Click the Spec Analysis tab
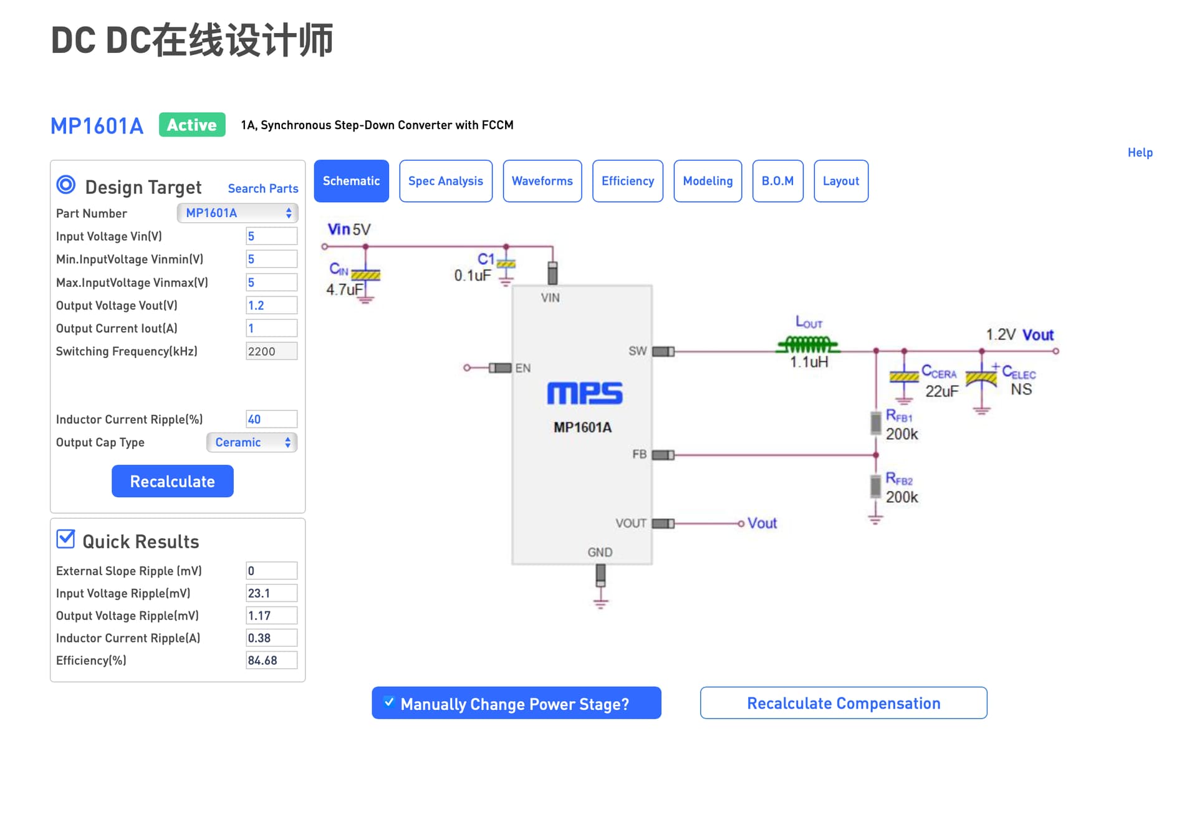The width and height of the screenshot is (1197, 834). pyautogui.click(x=446, y=181)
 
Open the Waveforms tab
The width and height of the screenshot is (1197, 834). pyautogui.click(x=542, y=181)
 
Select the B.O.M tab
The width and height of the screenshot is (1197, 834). pyautogui.click(x=777, y=181)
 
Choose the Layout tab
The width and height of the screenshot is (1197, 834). pyautogui.click(x=841, y=181)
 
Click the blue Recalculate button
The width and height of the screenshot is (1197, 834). pyautogui.click(x=173, y=481)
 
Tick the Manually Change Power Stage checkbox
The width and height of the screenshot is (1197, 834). pyautogui.click(x=389, y=702)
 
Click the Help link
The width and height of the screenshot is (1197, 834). pyautogui.click(x=1140, y=152)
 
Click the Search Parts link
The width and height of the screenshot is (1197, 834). pyautogui.click(x=263, y=188)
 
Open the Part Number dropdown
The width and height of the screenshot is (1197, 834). pyautogui.click(x=238, y=213)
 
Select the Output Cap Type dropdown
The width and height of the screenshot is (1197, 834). pyautogui.click(x=252, y=442)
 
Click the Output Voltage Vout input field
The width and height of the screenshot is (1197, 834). pyautogui.click(x=271, y=305)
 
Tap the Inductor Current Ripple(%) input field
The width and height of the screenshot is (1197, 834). pyautogui.click(x=271, y=419)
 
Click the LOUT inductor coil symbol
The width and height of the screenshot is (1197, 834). pyautogui.click(x=808, y=344)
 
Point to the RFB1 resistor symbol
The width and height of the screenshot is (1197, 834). pyautogui.click(x=876, y=424)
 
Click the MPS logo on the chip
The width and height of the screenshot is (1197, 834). pyautogui.click(x=585, y=394)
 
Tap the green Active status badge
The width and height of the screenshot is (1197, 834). pyautogui.click(x=192, y=125)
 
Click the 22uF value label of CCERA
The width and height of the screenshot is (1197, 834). pyautogui.click(x=941, y=391)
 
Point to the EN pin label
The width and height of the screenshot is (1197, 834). pyautogui.click(x=523, y=368)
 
